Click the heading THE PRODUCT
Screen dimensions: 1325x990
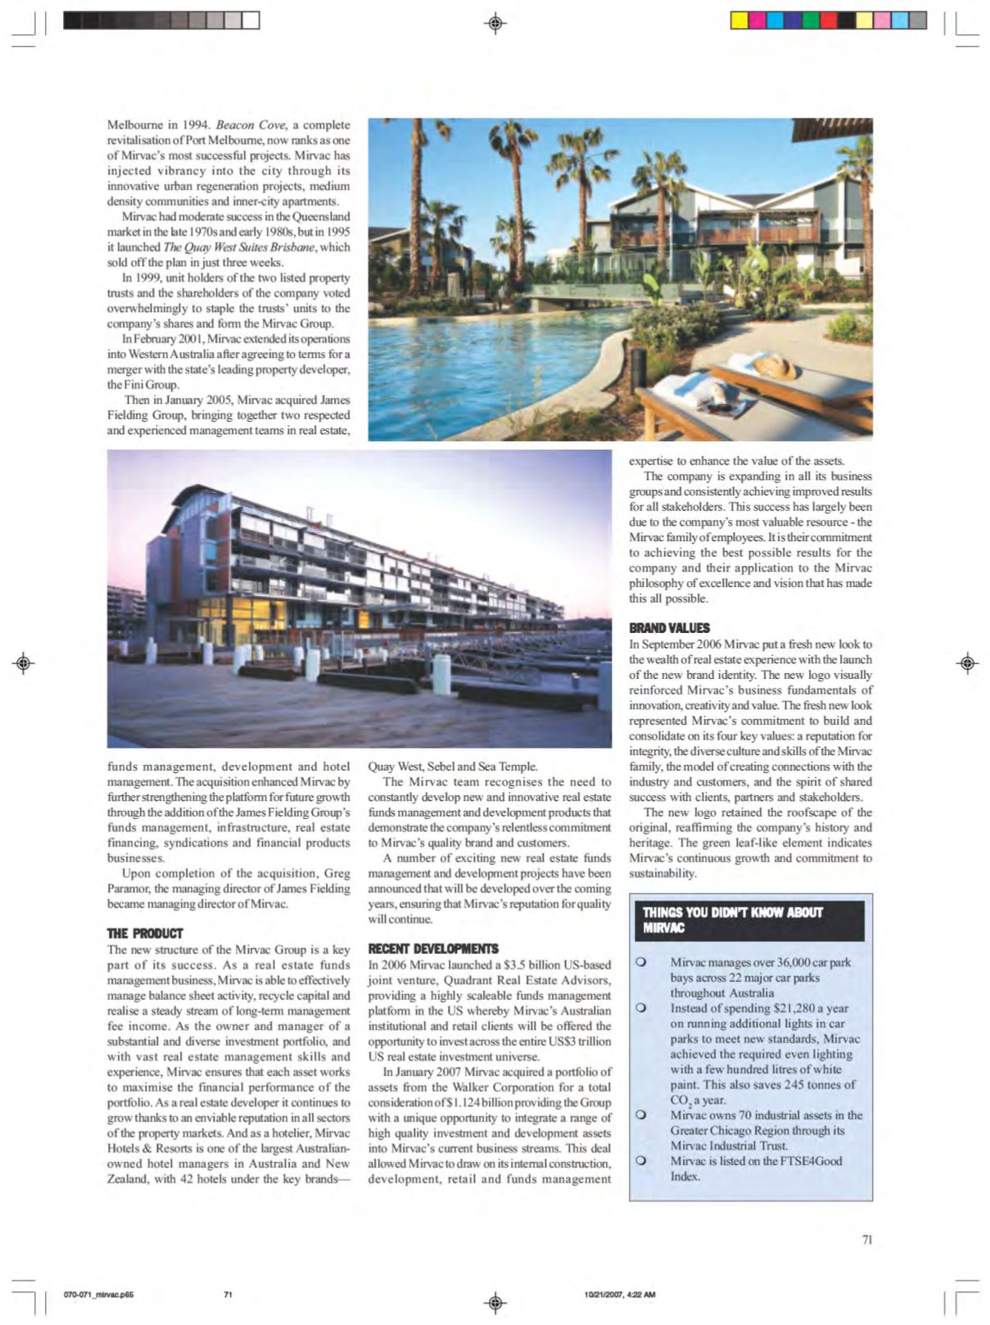[145, 934]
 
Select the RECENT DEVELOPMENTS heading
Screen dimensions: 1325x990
[432, 948]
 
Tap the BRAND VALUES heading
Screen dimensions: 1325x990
[669, 628]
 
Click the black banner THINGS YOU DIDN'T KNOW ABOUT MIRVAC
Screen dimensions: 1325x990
[749, 920]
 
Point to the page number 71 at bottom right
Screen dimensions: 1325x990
[867, 1239]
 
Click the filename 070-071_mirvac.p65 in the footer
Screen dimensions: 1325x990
[98, 1295]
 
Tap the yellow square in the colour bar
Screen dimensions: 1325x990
[739, 20]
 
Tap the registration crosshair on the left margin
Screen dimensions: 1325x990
[24, 662]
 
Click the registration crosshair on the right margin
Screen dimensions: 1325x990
[967, 662]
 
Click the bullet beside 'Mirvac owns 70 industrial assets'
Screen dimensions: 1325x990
[641, 1115]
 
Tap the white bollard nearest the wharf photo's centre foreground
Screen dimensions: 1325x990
[441, 674]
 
